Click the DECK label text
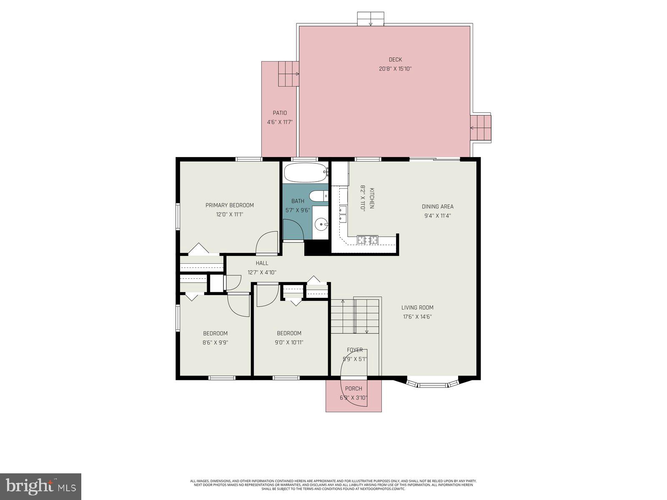point(395,60)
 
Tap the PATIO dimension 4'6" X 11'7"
point(280,122)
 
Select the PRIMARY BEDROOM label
point(229,205)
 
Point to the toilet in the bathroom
point(318,196)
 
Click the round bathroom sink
point(321,225)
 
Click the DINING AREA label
point(437,206)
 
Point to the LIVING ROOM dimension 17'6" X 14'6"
point(417,317)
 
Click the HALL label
point(262,263)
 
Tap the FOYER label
point(355,350)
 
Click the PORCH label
point(354,389)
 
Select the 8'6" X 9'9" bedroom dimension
point(215,342)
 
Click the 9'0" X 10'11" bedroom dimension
point(289,342)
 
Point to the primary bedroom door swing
point(267,242)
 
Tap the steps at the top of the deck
point(371,19)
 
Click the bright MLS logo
point(40,487)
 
